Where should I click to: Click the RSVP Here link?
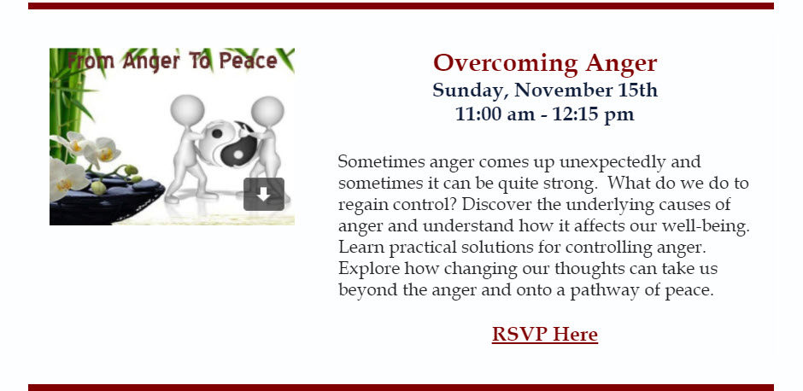(x=545, y=334)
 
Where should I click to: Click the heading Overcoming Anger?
(x=545, y=63)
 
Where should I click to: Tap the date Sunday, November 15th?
(x=545, y=90)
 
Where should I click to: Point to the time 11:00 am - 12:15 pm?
(x=545, y=114)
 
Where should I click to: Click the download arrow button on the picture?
(x=264, y=194)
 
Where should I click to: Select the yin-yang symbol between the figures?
(x=228, y=143)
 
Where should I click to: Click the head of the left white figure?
(x=187, y=109)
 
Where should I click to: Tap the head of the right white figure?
(x=267, y=110)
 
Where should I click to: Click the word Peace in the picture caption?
(x=249, y=61)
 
